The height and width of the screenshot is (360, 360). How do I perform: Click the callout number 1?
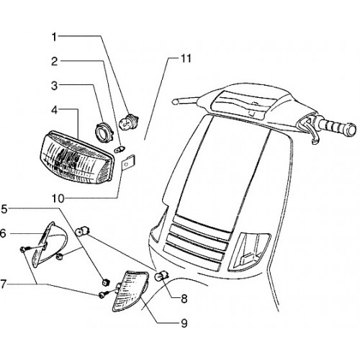54,37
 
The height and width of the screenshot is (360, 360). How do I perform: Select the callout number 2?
55,62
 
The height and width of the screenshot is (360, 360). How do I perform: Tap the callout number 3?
55,86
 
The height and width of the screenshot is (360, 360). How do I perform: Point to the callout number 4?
55,110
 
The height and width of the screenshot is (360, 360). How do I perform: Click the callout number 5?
4,209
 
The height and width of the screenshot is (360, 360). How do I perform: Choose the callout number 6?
3,233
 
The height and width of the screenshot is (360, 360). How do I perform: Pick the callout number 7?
3,284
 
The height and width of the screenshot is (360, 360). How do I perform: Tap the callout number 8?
184,299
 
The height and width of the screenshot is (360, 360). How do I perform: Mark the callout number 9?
184,323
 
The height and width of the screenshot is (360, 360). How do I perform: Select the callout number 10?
58,199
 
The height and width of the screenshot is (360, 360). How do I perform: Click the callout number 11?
186,59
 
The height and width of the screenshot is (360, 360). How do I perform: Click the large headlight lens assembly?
76,157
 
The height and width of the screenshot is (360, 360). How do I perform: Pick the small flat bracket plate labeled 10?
127,162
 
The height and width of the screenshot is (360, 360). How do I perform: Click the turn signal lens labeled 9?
131,291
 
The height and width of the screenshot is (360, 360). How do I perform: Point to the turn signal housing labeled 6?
50,243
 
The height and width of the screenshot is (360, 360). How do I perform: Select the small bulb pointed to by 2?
120,149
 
